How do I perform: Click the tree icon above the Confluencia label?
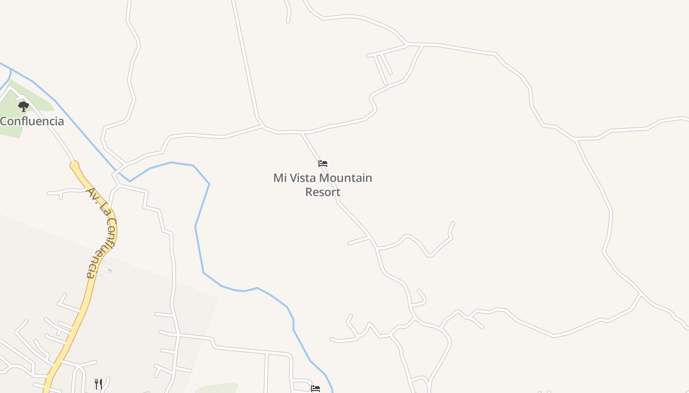[x=23, y=106]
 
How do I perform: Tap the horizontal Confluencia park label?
[x=32, y=121]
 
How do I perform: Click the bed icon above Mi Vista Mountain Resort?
[x=323, y=164]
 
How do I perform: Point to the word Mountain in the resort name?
[x=345, y=178]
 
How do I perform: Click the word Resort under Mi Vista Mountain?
[x=323, y=192]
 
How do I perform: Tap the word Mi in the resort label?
[x=280, y=178]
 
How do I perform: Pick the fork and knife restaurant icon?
[x=98, y=384]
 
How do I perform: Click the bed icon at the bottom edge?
[x=315, y=389]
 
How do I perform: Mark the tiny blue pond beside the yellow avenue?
[x=109, y=270]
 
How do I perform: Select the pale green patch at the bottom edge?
[x=217, y=389]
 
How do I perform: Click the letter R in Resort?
[x=309, y=192]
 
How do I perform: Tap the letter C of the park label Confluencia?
[x=4, y=121]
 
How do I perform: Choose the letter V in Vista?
[x=292, y=178]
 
